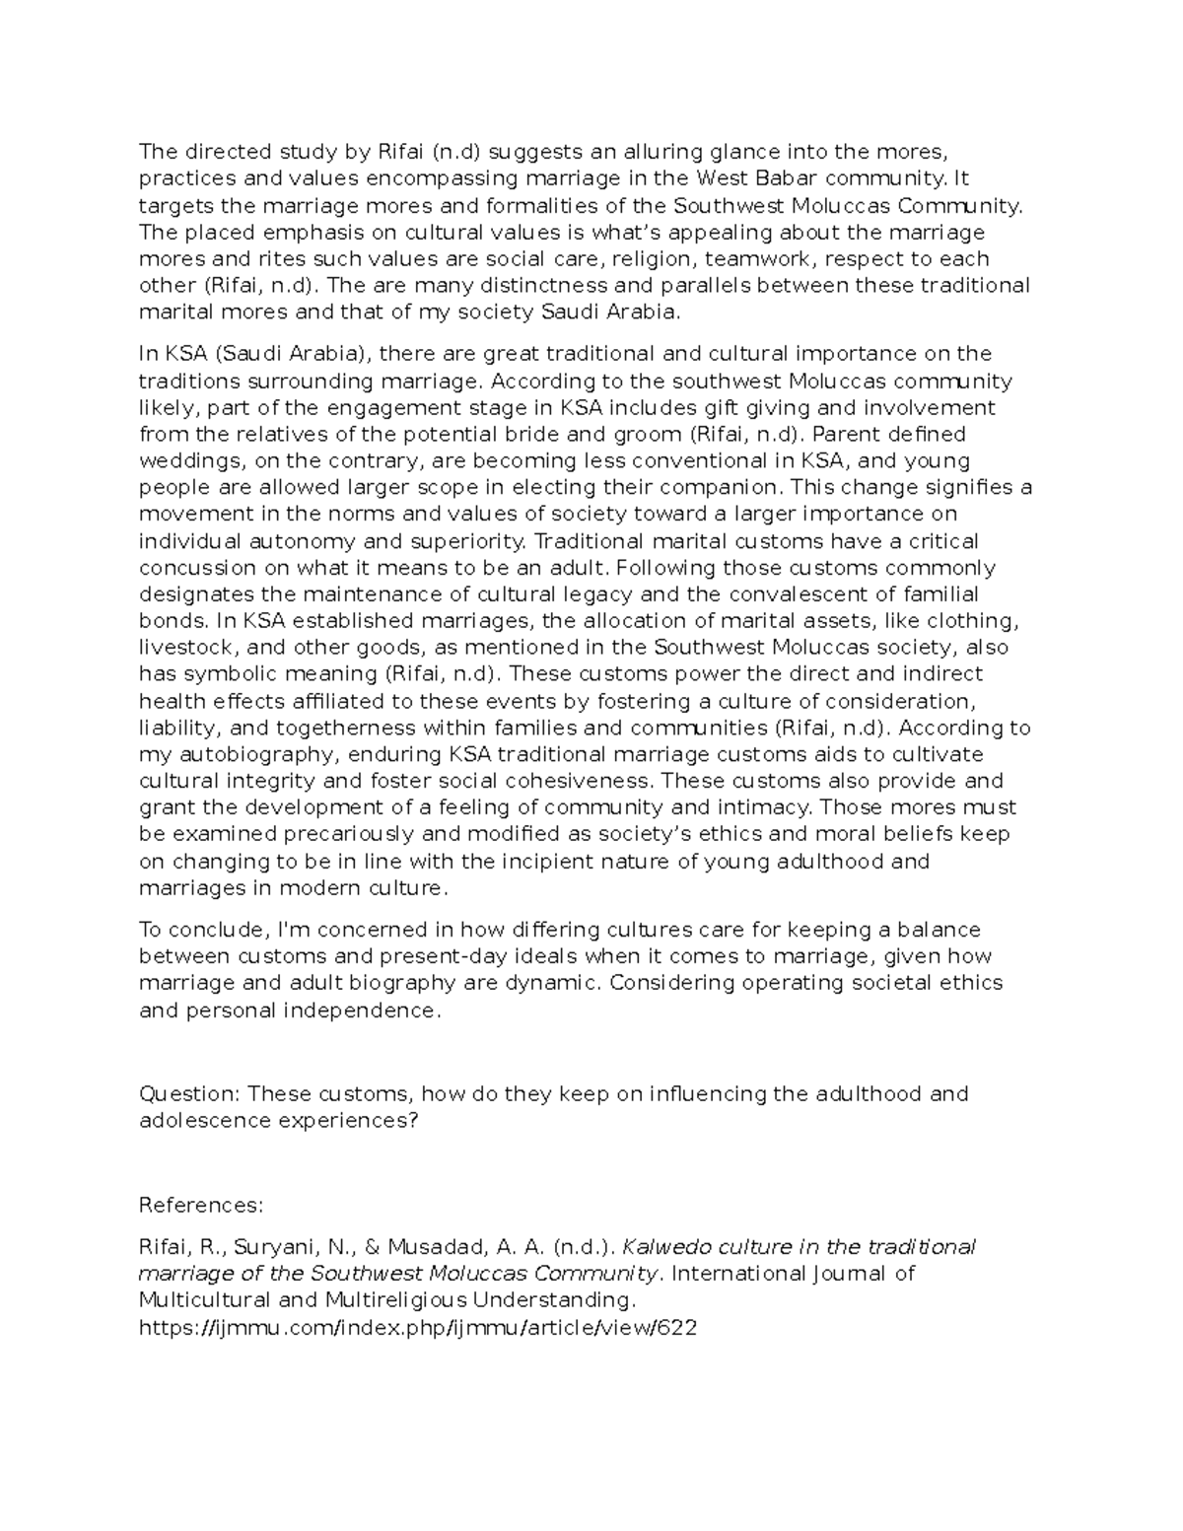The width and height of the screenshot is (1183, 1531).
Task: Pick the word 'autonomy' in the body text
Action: [308, 540]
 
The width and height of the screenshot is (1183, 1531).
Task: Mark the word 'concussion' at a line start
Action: [196, 567]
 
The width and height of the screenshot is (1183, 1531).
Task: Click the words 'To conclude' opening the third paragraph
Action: [203, 930]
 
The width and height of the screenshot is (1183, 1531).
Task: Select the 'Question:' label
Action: [189, 1094]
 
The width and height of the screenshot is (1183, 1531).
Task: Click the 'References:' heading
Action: [201, 1205]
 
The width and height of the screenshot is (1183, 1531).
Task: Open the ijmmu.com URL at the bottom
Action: [418, 1327]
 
